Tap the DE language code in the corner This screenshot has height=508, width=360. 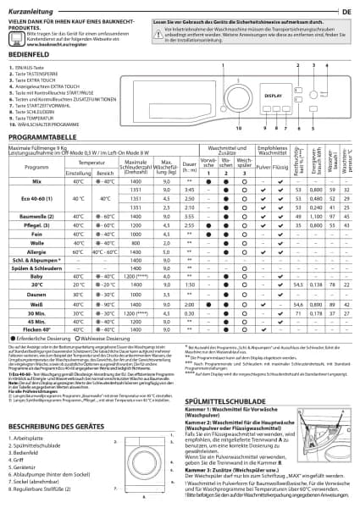pyautogui.click(x=347, y=10)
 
